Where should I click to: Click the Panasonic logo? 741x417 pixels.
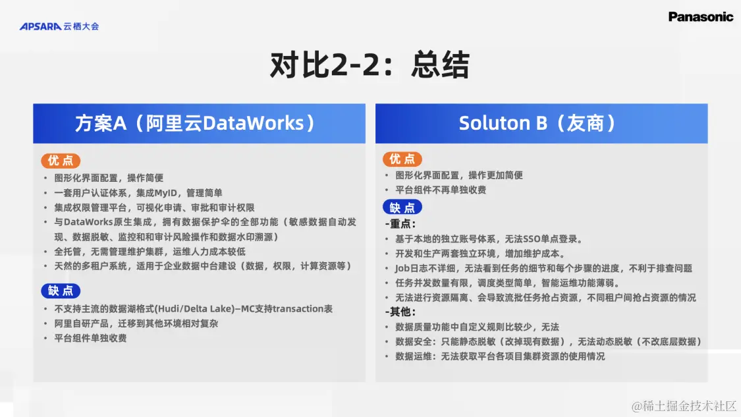tap(700, 17)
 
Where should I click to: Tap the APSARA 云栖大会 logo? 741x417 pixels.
tap(59, 26)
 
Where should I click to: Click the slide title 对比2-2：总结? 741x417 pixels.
tap(370, 65)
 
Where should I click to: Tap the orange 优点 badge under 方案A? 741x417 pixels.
tap(61, 161)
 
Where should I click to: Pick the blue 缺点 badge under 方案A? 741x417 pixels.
tap(61, 291)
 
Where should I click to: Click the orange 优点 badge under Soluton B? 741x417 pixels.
tap(402, 159)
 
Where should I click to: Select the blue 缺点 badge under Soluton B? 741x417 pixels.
tap(402, 207)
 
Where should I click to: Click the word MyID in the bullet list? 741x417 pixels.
tap(165, 193)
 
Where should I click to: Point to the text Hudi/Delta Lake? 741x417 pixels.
tap(195, 309)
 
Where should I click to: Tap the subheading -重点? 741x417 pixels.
tap(400, 223)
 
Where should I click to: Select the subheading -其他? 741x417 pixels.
tap(400, 312)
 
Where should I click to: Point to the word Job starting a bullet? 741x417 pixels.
tap(402, 269)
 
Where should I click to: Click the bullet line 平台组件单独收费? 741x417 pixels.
tap(90, 338)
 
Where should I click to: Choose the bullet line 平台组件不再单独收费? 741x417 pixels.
tap(441, 190)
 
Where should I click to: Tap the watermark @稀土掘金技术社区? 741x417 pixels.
tap(684, 406)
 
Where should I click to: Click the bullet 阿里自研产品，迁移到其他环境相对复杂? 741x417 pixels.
tap(136, 323)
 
